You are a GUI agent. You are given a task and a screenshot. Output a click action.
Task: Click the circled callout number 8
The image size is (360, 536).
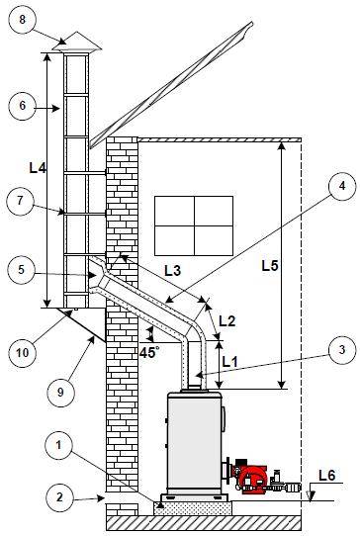(22, 20)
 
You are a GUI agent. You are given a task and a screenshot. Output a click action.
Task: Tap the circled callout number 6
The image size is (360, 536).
(22, 105)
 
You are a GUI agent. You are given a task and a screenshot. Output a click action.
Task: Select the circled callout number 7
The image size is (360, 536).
(20, 202)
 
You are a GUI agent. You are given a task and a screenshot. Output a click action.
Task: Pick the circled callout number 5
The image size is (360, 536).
(21, 270)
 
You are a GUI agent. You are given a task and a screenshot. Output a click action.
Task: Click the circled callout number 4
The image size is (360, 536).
(342, 187)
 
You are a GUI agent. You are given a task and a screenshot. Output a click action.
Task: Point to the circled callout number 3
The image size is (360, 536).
(342, 350)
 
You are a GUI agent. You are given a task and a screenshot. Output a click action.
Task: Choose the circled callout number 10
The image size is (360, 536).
(23, 353)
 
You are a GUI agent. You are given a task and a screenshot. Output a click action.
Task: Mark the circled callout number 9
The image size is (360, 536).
(60, 393)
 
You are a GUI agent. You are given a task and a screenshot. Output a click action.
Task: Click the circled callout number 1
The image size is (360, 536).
(58, 446)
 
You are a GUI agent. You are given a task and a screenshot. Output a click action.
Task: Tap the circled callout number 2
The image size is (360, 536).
(59, 497)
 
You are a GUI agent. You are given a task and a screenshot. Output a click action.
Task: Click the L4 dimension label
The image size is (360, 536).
(38, 167)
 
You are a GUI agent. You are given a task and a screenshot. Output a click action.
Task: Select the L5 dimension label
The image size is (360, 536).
(270, 266)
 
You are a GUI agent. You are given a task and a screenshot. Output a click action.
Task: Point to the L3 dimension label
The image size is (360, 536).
(172, 271)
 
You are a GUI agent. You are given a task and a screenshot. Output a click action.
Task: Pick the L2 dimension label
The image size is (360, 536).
(227, 321)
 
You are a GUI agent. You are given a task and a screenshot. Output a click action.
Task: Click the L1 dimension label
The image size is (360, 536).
(229, 362)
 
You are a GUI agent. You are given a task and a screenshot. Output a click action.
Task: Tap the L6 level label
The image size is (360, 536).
(326, 475)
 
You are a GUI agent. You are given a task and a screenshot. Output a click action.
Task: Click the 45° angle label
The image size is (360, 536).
(149, 352)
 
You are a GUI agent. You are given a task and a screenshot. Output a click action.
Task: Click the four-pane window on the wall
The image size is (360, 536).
(194, 225)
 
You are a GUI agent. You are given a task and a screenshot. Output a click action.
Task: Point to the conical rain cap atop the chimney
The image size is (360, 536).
(76, 43)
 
